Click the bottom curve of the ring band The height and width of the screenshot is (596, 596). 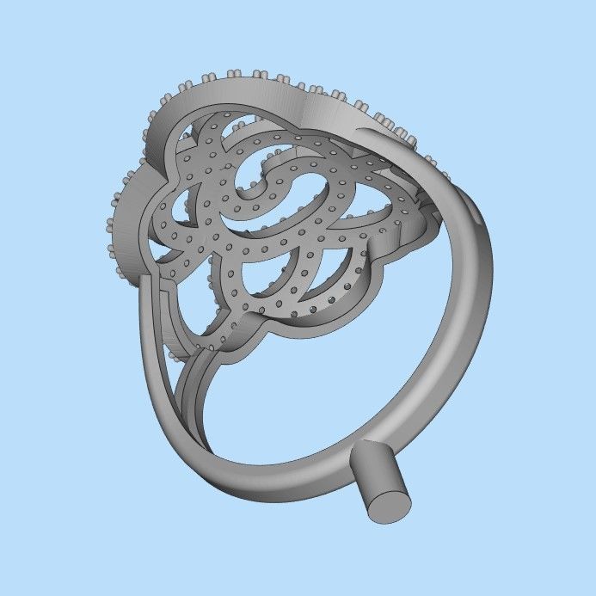pyautogui.click(x=284, y=482)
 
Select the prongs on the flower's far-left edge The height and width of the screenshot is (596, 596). pyautogui.click(x=114, y=224)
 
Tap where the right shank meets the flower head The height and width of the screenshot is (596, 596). pyautogui.click(x=430, y=172)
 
